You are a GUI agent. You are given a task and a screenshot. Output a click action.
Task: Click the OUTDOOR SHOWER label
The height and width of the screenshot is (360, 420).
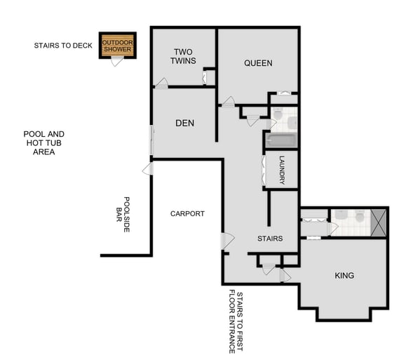tap(116, 46)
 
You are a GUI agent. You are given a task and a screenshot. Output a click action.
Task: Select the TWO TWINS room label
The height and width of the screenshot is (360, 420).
tap(183, 56)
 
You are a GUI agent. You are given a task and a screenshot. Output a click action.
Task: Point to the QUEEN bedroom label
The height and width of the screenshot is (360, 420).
tap(258, 63)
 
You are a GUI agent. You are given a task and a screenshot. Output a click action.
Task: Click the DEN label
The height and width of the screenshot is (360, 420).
tap(184, 124)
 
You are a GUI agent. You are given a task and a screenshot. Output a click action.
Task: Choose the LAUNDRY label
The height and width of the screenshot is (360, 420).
tap(282, 170)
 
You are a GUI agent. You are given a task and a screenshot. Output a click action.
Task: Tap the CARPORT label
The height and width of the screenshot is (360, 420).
tap(187, 213)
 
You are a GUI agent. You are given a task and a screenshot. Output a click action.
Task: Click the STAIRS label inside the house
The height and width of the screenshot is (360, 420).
tap(269, 239)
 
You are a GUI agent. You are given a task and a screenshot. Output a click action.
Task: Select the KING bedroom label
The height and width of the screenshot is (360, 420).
tap(344, 276)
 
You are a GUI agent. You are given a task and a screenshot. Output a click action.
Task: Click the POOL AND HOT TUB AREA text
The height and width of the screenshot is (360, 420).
tap(43, 142)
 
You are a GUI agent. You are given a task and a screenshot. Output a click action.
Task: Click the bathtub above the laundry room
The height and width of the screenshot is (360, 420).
tap(280, 141)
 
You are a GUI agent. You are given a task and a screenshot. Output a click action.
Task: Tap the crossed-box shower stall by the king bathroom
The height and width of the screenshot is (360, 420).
tap(379, 221)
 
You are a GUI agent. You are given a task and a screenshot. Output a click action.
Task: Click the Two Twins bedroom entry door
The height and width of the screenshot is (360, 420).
tap(161, 84)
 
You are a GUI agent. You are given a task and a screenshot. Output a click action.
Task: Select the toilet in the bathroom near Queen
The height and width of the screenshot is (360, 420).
tap(276, 114)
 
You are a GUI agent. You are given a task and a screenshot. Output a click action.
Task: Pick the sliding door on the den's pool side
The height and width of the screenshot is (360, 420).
tap(151, 140)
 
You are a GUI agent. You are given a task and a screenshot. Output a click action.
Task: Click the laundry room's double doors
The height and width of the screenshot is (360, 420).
tap(264, 169)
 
